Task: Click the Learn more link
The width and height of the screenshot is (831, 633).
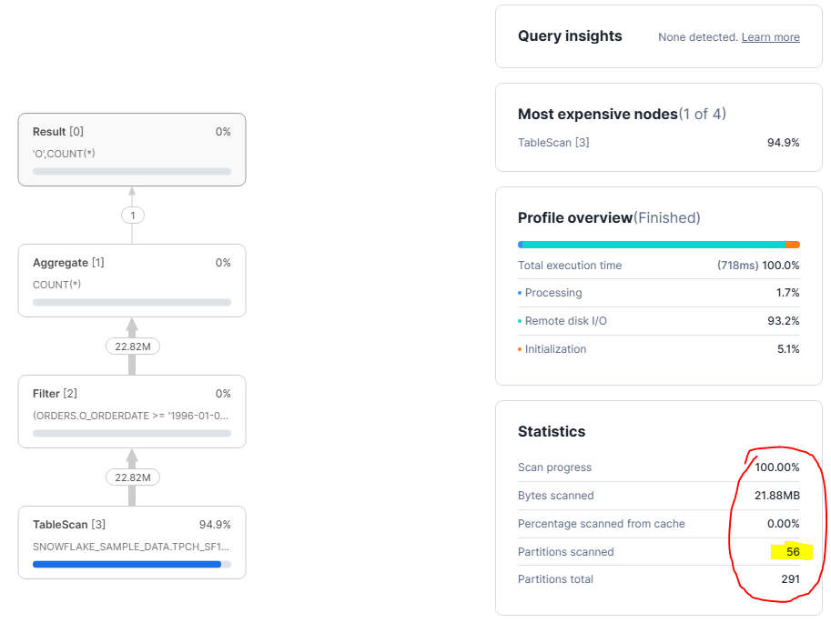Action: point(770,37)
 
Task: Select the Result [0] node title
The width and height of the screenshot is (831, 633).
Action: point(57,132)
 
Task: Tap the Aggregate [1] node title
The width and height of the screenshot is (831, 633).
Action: point(67,263)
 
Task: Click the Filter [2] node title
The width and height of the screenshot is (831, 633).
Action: point(55,394)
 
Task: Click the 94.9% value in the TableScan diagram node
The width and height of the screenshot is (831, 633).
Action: point(215,525)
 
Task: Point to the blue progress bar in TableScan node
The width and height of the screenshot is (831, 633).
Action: point(127,564)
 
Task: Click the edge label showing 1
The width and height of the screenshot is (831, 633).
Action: point(132,216)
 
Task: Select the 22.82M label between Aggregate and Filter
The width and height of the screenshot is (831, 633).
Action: point(132,347)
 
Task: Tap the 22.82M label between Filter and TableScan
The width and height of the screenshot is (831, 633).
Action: point(132,477)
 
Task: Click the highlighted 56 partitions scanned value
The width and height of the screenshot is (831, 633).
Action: point(793,552)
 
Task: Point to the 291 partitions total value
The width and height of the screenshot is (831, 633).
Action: point(789,579)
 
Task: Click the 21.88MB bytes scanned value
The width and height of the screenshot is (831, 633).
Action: point(776,496)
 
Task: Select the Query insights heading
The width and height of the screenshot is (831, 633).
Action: point(570,36)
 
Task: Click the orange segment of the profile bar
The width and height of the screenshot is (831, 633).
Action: point(793,245)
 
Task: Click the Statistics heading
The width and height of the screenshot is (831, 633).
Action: point(552,431)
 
